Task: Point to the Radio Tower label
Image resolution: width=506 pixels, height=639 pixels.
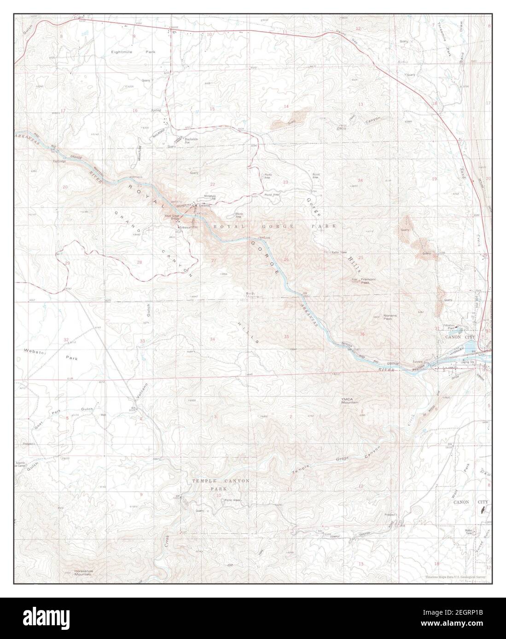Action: (x=331, y=252)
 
